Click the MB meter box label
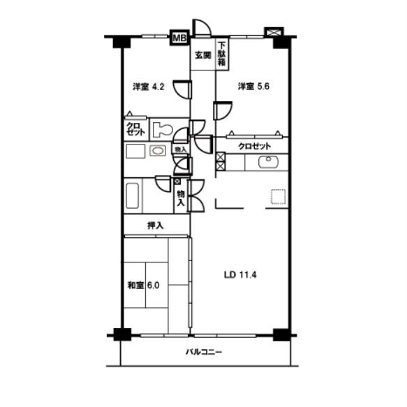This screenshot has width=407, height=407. (x=179, y=38)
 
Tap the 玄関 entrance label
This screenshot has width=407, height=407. (x=203, y=55)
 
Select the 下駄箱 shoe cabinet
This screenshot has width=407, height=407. (x=222, y=54)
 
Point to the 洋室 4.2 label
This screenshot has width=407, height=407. (x=149, y=87)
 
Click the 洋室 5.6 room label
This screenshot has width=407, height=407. (x=253, y=86)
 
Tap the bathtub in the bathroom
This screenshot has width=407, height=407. (x=133, y=195)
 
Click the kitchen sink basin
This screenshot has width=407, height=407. (x=268, y=162)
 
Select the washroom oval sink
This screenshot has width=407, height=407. (x=158, y=151)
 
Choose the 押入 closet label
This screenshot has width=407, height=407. (x=156, y=225)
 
